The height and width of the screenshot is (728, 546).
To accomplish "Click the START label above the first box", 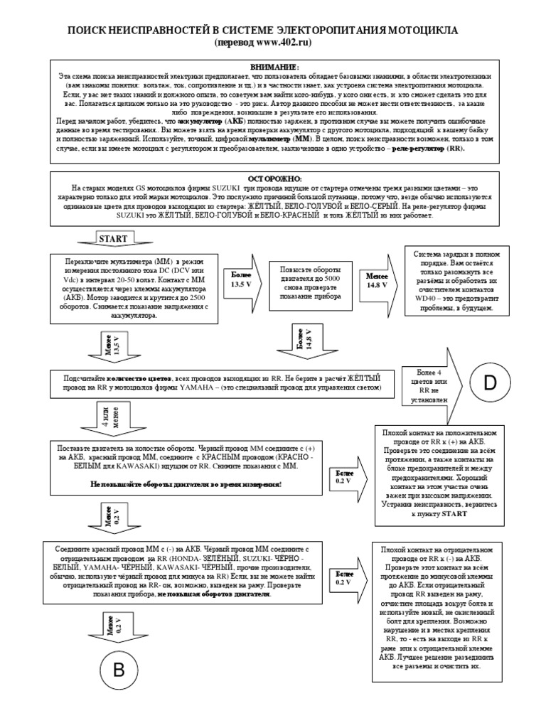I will coord(114,238).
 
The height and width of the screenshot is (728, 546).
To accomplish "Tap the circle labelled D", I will coord(490,383).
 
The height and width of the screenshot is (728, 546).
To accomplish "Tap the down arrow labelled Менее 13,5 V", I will coord(114,343).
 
